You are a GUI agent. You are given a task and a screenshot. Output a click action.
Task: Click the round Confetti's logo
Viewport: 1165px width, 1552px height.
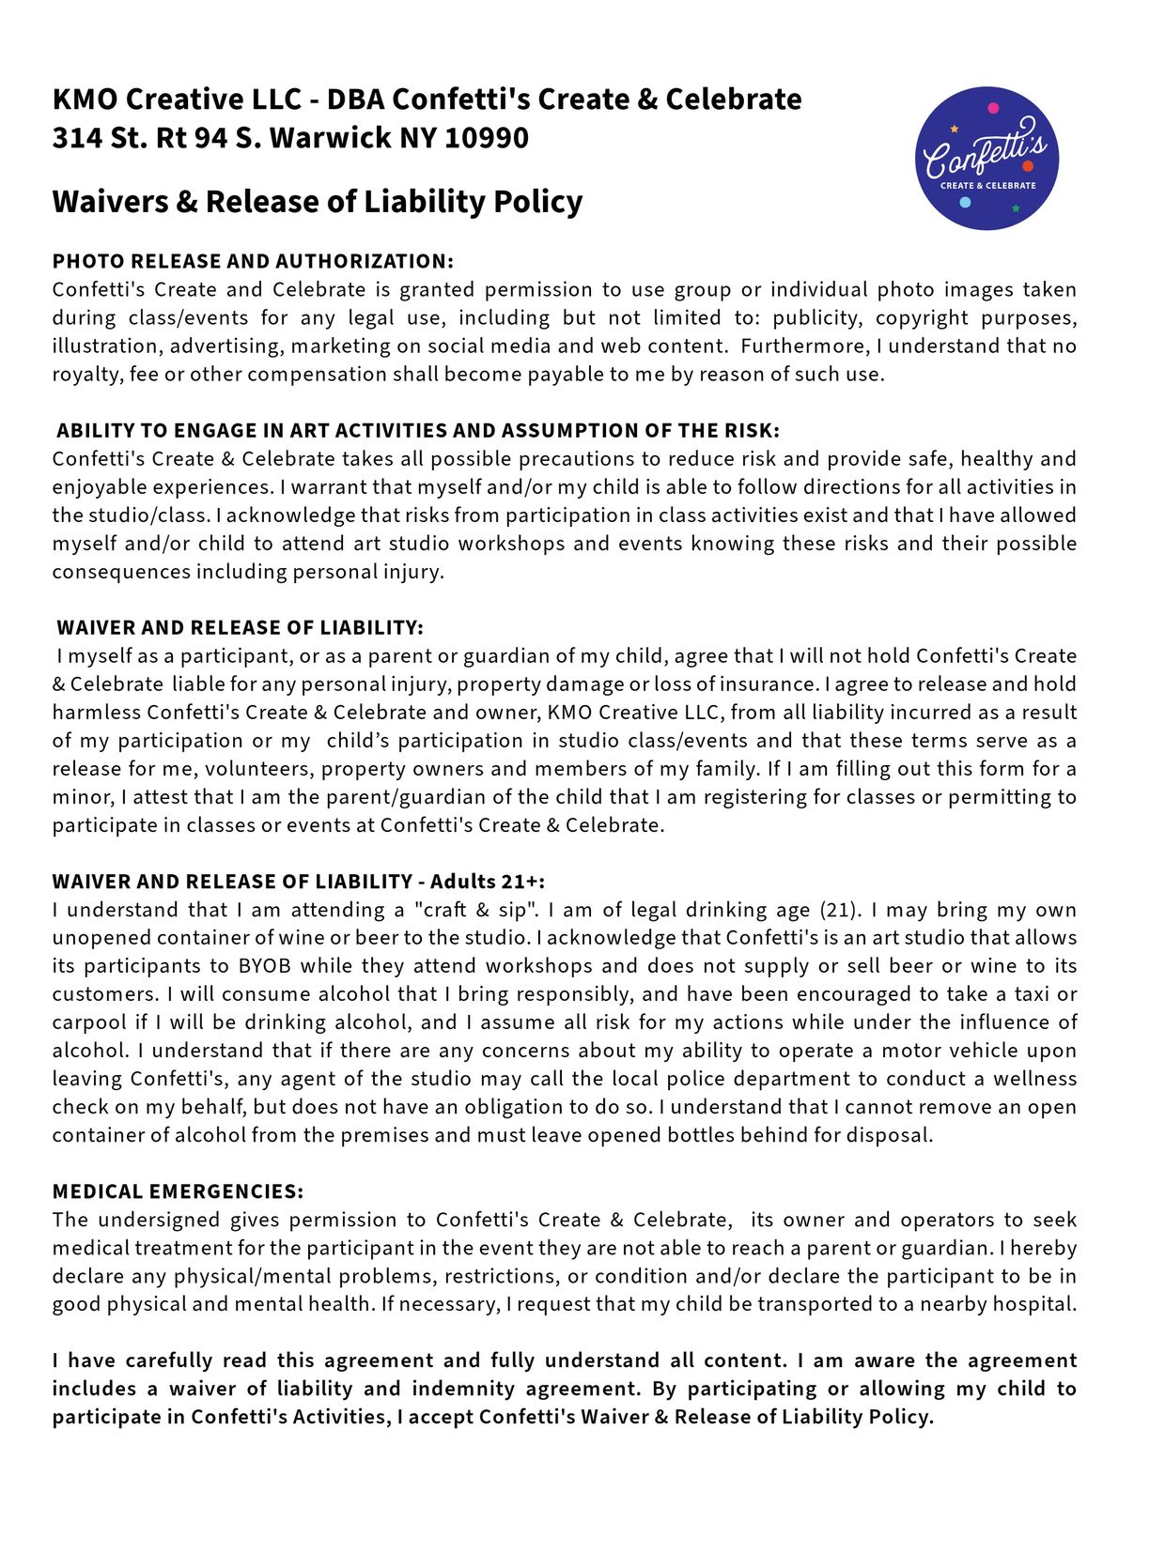[x=986, y=158]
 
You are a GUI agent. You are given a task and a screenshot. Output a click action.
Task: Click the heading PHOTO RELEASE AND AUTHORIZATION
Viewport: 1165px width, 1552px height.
[x=253, y=261]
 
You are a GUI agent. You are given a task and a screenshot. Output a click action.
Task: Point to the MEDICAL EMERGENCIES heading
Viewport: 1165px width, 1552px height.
[x=178, y=1191]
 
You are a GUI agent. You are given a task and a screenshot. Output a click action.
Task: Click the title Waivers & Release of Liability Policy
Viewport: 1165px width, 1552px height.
[x=317, y=201]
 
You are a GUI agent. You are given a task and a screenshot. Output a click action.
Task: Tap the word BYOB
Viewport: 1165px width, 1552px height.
[x=265, y=966]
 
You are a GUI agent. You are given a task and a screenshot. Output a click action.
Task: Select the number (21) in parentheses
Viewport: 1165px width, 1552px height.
[x=839, y=910]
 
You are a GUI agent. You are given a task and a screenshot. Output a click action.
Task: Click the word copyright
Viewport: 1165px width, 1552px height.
[x=922, y=318]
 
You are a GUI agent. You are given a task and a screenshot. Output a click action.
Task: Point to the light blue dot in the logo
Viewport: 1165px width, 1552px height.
[x=965, y=202]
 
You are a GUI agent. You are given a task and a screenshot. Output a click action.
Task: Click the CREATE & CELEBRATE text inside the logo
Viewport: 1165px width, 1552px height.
[x=987, y=186]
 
